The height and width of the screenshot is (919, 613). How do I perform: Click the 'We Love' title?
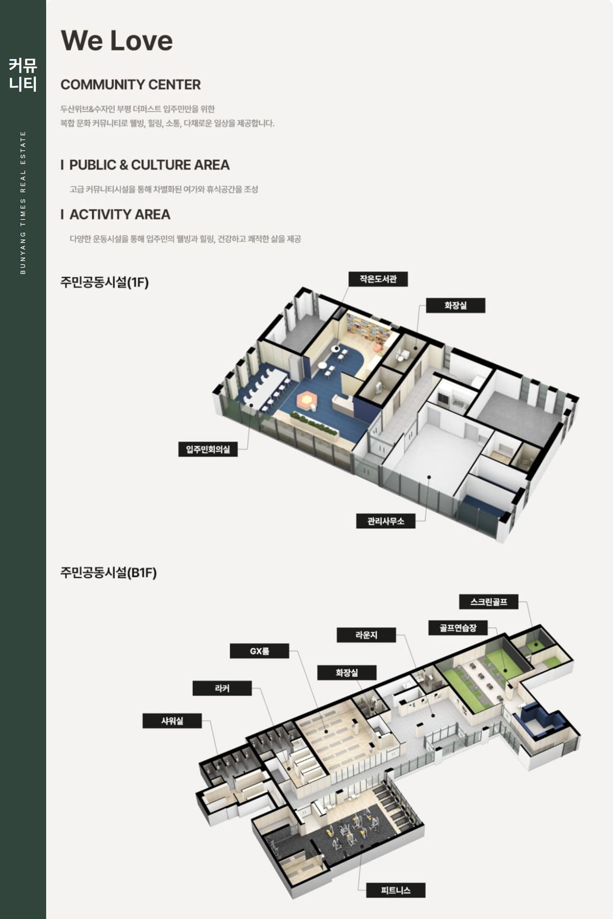coord(116,40)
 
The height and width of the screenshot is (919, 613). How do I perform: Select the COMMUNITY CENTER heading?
coord(130,84)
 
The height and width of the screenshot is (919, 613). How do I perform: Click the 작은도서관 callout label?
coord(378,279)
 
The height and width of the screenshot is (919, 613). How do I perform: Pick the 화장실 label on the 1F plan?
coord(456,305)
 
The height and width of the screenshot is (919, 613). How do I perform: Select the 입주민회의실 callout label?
coord(208,449)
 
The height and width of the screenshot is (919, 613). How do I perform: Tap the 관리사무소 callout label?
coord(386,521)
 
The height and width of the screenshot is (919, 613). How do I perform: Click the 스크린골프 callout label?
coord(489,602)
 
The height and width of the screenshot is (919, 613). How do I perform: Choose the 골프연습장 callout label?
coord(458,628)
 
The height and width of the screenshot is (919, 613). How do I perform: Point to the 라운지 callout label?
coord(366,635)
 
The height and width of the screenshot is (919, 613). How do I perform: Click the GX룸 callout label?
coord(260,651)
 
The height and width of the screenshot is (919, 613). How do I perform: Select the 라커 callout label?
coord(222,688)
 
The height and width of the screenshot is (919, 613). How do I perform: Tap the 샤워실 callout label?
coord(172,721)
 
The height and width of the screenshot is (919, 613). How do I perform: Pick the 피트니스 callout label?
coord(396,890)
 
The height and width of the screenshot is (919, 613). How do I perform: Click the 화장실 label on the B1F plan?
coord(347,672)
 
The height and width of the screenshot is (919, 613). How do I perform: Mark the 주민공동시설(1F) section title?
coord(104,282)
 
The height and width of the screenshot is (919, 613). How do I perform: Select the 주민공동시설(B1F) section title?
coord(108,572)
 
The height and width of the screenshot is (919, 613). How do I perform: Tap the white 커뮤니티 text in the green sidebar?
coord(23,75)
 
